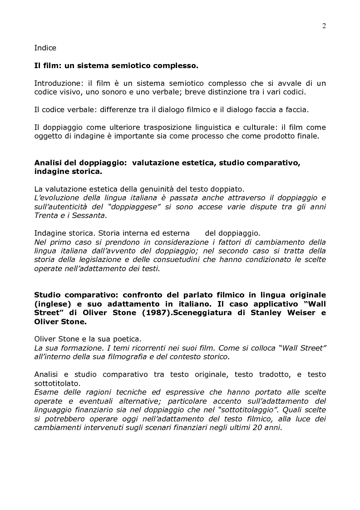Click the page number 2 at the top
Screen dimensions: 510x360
tap(324, 26)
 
